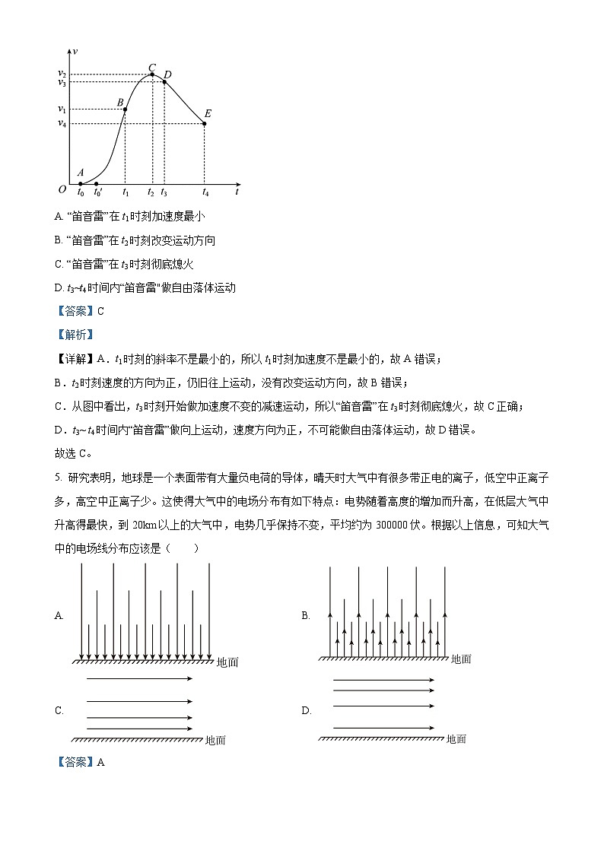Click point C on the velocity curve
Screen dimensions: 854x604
point(152,74)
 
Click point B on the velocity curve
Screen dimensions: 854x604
point(125,110)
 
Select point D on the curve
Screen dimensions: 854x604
point(164,81)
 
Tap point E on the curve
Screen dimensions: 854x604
point(205,123)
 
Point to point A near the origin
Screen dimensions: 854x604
point(81,183)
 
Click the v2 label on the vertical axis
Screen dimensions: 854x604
point(62,74)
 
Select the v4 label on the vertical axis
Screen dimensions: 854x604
point(62,123)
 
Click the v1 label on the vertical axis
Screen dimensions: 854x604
point(62,110)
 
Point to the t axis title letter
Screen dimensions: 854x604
point(237,192)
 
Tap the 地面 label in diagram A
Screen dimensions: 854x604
point(227,662)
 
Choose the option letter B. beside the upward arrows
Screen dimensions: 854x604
point(306,615)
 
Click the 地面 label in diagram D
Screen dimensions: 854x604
point(456,738)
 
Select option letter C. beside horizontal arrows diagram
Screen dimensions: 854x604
point(59,710)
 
